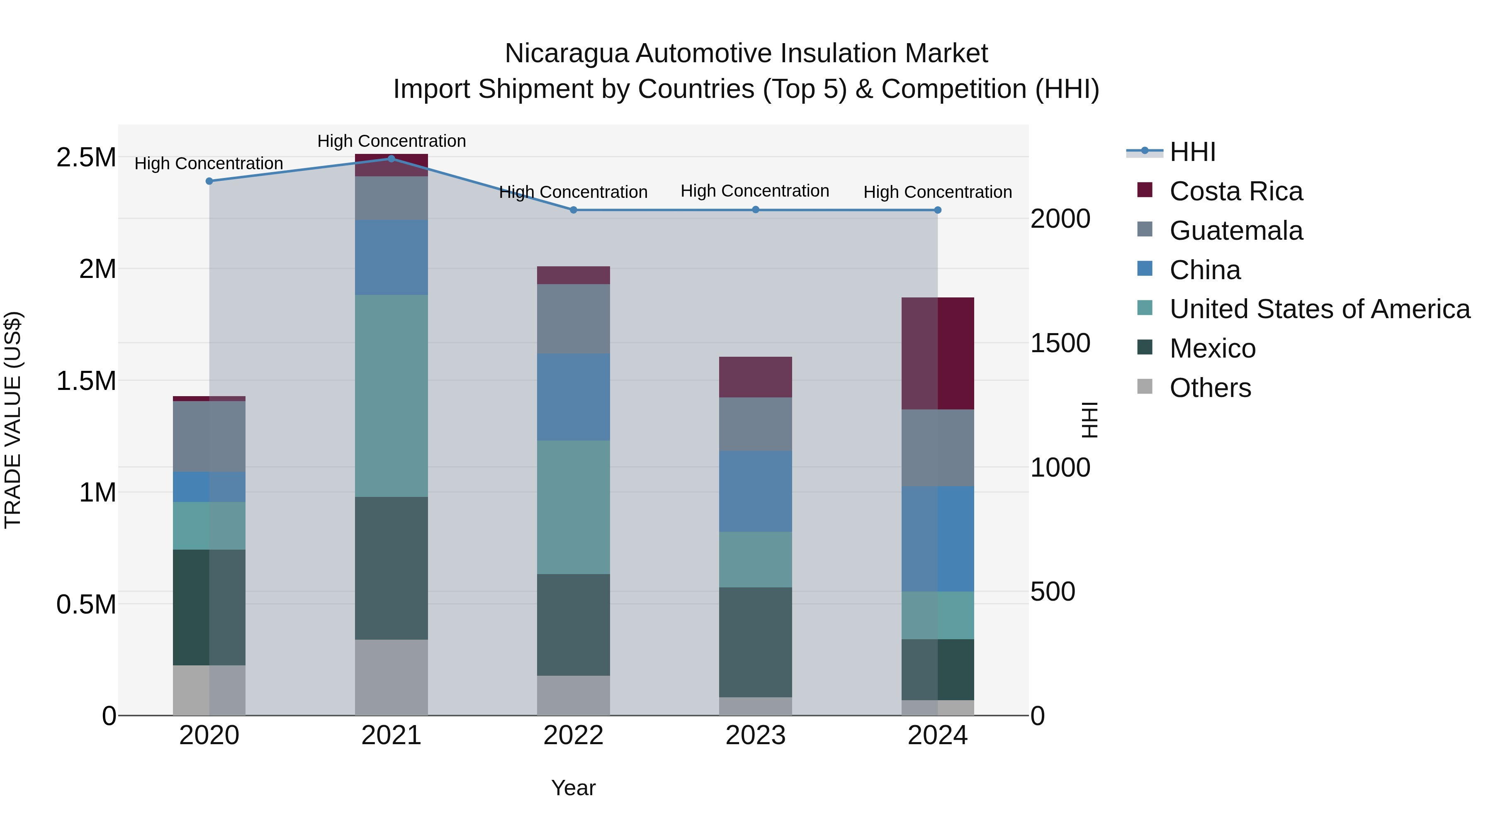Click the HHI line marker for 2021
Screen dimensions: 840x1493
(391, 159)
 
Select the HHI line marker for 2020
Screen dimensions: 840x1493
(209, 181)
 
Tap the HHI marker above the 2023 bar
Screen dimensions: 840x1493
(755, 210)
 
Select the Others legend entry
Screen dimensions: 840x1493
(1210, 388)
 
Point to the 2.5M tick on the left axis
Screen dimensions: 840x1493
(86, 158)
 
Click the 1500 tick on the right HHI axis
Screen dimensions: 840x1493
(1060, 343)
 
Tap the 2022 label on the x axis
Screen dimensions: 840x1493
(573, 735)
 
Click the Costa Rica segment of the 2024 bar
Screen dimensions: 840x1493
(938, 353)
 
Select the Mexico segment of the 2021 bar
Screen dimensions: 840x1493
(391, 568)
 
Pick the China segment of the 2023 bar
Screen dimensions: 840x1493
(755, 492)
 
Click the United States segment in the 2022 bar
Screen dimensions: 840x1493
(573, 507)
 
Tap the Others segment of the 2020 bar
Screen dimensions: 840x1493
(209, 690)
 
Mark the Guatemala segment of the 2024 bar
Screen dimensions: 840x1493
(938, 448)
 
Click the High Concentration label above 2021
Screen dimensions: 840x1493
(391, 141)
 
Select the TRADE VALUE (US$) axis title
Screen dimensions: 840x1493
(13, 420)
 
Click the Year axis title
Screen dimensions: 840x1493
(573, 788)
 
